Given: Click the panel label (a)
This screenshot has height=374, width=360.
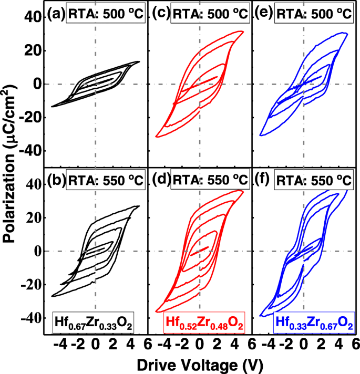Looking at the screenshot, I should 55,14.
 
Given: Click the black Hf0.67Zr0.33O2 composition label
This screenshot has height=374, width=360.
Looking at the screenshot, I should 92,321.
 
